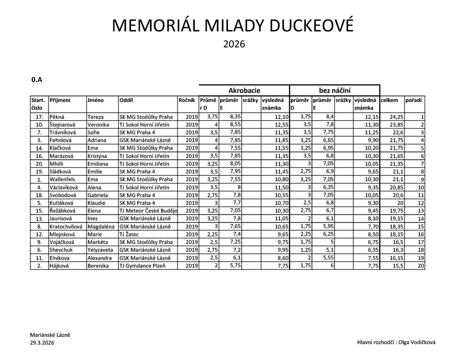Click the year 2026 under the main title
234,45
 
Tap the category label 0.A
37,80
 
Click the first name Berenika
98,266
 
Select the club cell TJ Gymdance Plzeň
142,266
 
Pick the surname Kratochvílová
66,226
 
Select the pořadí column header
413,100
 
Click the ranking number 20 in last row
420,266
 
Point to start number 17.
39,117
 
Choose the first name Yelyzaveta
101,250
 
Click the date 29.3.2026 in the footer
42,343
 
